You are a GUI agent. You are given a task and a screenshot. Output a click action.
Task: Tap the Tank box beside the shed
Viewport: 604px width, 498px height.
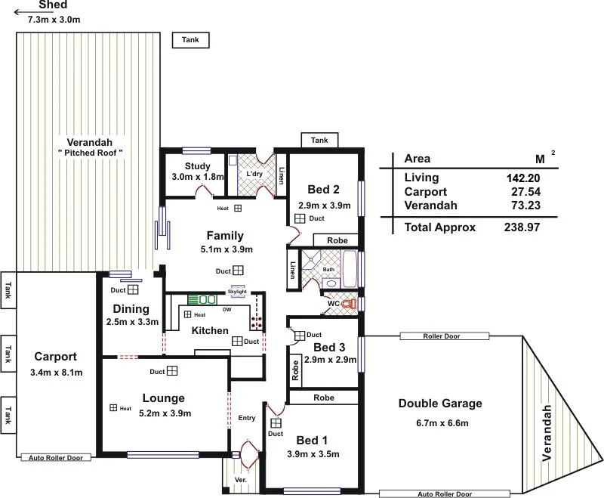[x=190, y=40]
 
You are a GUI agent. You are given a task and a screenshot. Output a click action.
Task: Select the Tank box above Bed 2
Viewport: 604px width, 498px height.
[x=319, y=140]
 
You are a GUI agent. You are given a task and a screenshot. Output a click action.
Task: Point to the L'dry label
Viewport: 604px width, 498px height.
[x=255, y=173]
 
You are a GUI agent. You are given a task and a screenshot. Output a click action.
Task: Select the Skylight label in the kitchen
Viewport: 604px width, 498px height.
[x=237, y=292]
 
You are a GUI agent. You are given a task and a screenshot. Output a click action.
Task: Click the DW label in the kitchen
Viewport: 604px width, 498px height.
[x=226, y=308]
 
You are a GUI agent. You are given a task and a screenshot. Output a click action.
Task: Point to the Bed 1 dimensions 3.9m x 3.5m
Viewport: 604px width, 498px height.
[x=313, y=454]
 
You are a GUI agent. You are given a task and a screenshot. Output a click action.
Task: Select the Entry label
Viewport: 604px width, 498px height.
[x=246, y=418]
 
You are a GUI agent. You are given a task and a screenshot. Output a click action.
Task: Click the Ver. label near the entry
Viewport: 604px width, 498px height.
[x=240, y=479]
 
